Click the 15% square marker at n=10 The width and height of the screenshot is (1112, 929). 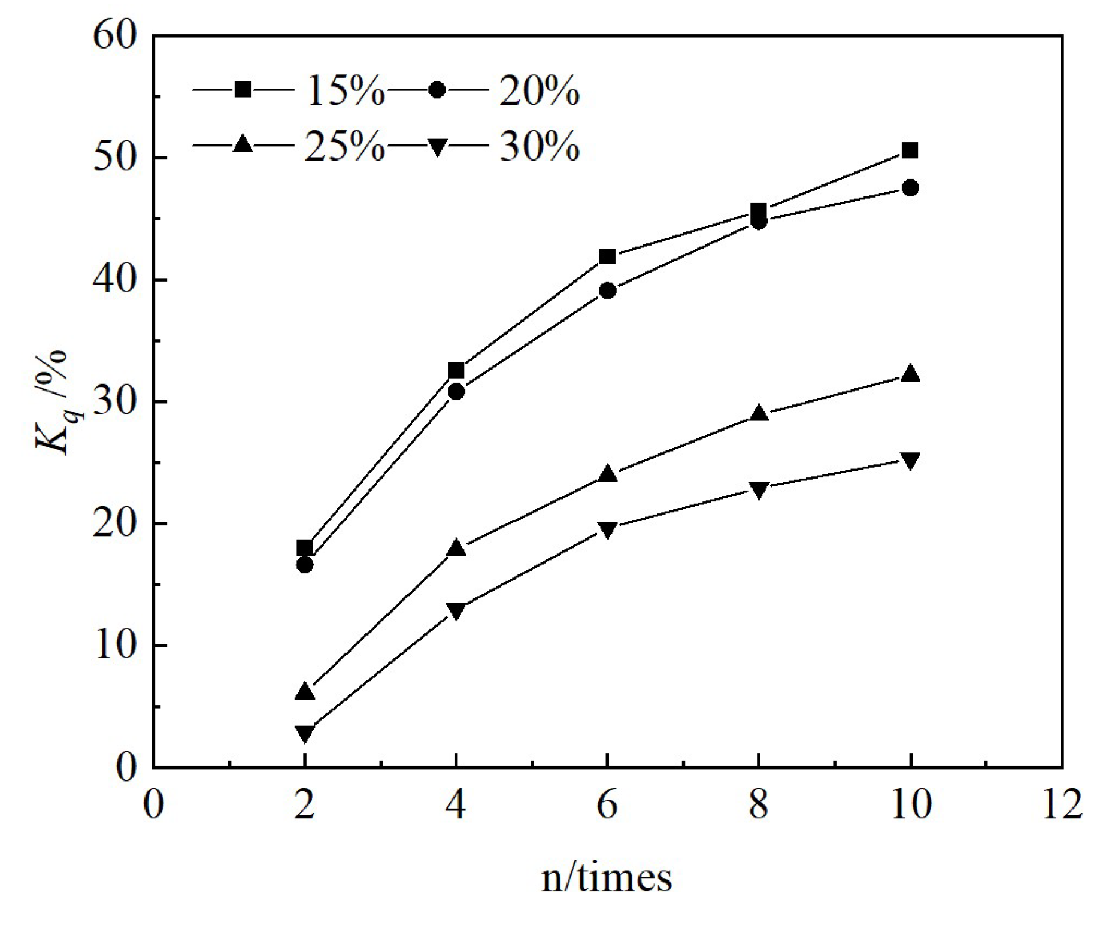tap(910, 150)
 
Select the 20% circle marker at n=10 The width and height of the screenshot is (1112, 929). tap(910, 188)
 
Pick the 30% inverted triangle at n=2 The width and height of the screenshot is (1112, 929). tap(305, 733)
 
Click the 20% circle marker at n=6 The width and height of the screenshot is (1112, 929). tap(607, 290)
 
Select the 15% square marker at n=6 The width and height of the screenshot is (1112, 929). tap(607, 256)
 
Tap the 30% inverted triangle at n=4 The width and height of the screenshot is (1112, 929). tap(456, 610)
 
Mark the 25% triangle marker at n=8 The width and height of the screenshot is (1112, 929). tap(759, 414)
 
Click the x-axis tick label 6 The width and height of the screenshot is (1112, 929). tap(607, 804)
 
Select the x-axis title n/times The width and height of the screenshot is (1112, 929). tap(607, 879)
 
